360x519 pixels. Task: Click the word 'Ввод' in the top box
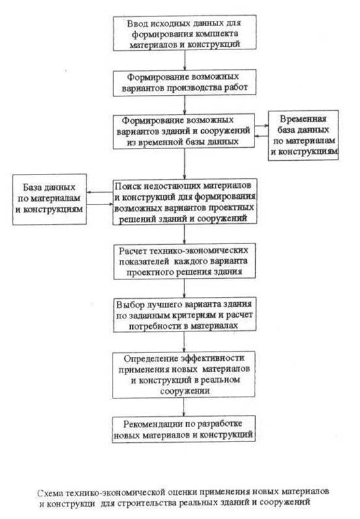[137, 23]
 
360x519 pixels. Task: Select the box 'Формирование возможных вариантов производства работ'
[184, 83]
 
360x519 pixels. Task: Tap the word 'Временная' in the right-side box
[303, 119]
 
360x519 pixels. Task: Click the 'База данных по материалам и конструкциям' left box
[49, 199]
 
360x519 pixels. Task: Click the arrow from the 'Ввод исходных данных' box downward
[185, 61]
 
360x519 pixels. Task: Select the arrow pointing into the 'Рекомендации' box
[184, 406]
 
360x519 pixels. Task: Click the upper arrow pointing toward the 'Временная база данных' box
[262, 126]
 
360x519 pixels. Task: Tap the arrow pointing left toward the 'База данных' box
[100, 192]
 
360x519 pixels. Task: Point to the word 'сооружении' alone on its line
[185, 391]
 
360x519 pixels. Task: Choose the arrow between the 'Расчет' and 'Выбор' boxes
[184, 288]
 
